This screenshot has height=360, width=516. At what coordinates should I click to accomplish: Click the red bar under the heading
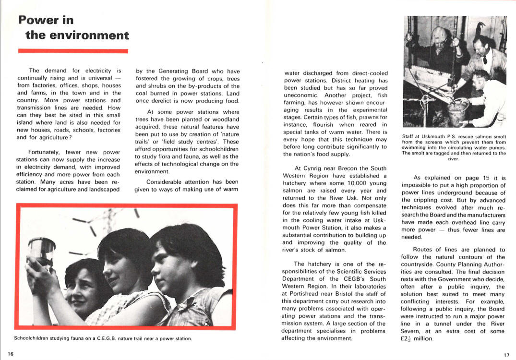click(73, 50)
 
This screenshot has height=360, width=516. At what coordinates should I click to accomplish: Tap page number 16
click(10, 354)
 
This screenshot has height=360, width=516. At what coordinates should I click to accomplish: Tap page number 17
click(506, 355)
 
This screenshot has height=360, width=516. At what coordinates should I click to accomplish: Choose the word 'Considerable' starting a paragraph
click(165, 182)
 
